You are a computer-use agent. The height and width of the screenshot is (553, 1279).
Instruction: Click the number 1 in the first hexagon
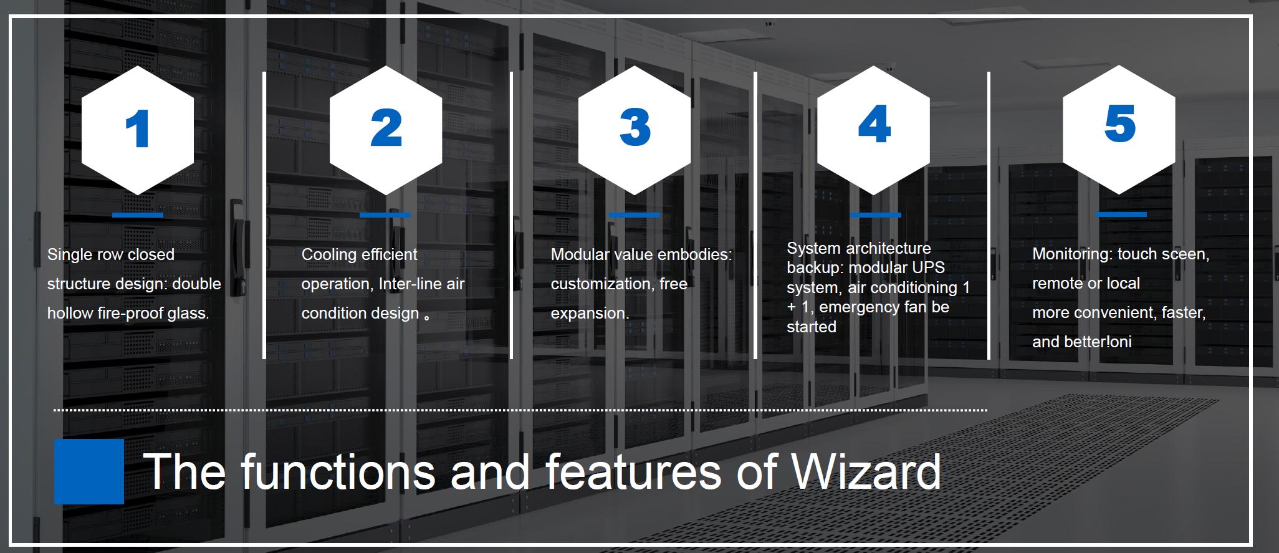[x=138, y=128]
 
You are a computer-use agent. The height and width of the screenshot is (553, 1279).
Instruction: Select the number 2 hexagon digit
[x=386, y=128]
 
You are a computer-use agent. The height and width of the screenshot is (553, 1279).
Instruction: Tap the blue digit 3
[x=635, y=128]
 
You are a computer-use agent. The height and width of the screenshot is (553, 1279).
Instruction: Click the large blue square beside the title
[x=89, y=471]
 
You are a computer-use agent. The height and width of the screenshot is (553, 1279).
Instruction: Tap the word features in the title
[x=634, y=472]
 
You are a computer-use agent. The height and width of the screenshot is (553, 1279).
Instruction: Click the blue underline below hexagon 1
[x=138, y=215]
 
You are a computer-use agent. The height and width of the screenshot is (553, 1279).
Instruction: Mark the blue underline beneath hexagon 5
[x=1121, y=214]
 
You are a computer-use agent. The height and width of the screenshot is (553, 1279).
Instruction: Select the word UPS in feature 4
[x=931, y=267]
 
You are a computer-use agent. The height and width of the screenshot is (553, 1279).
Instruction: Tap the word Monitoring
[x=1072, y=254]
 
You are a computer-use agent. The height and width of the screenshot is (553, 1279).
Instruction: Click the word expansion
[x=590, y=314]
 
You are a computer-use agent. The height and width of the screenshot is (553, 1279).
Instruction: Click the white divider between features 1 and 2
[x=264, y=215]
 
